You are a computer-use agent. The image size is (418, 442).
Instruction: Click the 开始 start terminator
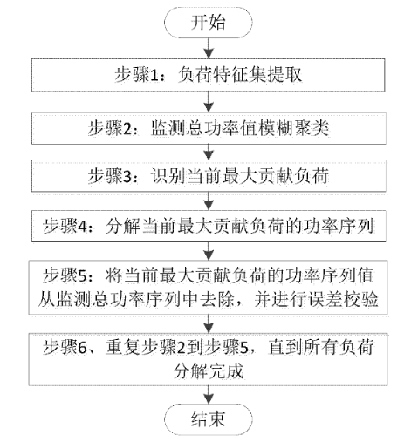pyautogui.click(x=209, y=23)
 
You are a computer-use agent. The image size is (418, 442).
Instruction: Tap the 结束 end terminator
pyautogui.click(x=209, y=419)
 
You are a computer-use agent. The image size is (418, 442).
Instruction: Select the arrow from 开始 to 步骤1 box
pyautogui.click(x=209, y=48)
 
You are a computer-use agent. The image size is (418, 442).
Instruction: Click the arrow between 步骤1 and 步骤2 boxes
pyautogui.click(x=209, y=102)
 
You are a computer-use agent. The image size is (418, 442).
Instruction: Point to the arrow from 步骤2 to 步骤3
pyautogui.click(x=209, y=152)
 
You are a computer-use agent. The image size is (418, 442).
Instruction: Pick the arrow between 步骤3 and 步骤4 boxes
pyautogui.click(x=209, y=201)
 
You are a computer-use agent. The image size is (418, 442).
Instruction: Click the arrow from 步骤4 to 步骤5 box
pyautogui.click(x=209, y=251)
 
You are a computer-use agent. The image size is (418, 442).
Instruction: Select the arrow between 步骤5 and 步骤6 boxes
pyautogui.click(x=209, y=324)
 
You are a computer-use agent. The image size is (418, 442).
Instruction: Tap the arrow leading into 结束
pyautogui.click(x=209, y=395)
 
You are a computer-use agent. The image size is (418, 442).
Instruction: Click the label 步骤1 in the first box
pyautogui.click(x=136, y=75)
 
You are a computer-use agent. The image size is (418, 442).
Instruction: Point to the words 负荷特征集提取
pyautogui.click(x=240, y=75)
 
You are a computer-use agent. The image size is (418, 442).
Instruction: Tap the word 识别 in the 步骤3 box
pyautogui.click(x=168, y=176)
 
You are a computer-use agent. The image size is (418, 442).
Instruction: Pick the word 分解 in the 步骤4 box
pyautogui.click(x=123, y=226)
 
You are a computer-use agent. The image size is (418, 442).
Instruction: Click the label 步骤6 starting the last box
pyautogui.click(x=65, y=347)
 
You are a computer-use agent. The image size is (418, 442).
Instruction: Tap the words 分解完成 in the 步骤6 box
pyautogui.click(x=209, y=371)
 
